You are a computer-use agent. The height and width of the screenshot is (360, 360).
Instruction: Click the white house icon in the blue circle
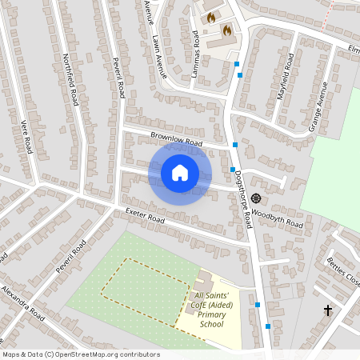[180, 172]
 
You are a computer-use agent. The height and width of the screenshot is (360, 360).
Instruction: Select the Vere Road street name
[24, 135]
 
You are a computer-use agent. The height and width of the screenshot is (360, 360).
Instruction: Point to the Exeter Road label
[144, 215]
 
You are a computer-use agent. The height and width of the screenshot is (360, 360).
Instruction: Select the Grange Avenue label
[318, 106]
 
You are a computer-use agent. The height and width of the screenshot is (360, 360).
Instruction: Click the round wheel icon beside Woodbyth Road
[256, 198]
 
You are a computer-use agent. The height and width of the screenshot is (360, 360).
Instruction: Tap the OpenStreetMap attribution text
[81, 354]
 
